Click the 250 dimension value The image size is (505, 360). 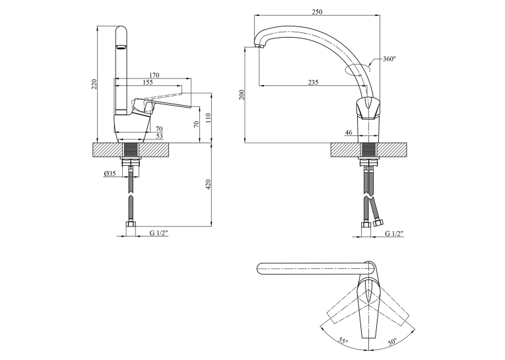pyautogui.click(x=317, y=12)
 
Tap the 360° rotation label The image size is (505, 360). pyautogui.click(x=389, y=59)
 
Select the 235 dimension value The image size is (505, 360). pyautogui.click(x=313, y=83)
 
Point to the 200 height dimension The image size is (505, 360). pyautogui.click(x=242, y=94)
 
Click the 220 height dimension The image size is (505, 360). pyautogui.click(x=94, y=84)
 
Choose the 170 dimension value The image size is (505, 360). pyautogui.click(x=154, y=75)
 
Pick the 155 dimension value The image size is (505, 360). pyautogui.click(x=147, y=83)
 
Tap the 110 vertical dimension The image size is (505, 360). pyautogui.click(x=208, y=118)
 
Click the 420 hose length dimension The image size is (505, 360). pyautogui.click(x=208, y=184)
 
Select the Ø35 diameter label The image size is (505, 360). pyautogui.click(x=110, y=174)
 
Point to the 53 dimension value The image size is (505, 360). pyautogui.click(x=160, y=136)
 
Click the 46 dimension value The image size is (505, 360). pyautogui.click(x=349, y=133)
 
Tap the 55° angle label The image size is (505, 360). pyautogui.click(x=344, y=341)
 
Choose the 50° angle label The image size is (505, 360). pyautogui.click(x=392, y=342)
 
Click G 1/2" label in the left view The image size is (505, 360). pyautogui.click(x=159, y=234)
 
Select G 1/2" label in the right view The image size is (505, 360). pyautogui.click(x=395, y=234)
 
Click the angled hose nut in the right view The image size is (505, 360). pyautogui.click(x=378, y=223)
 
